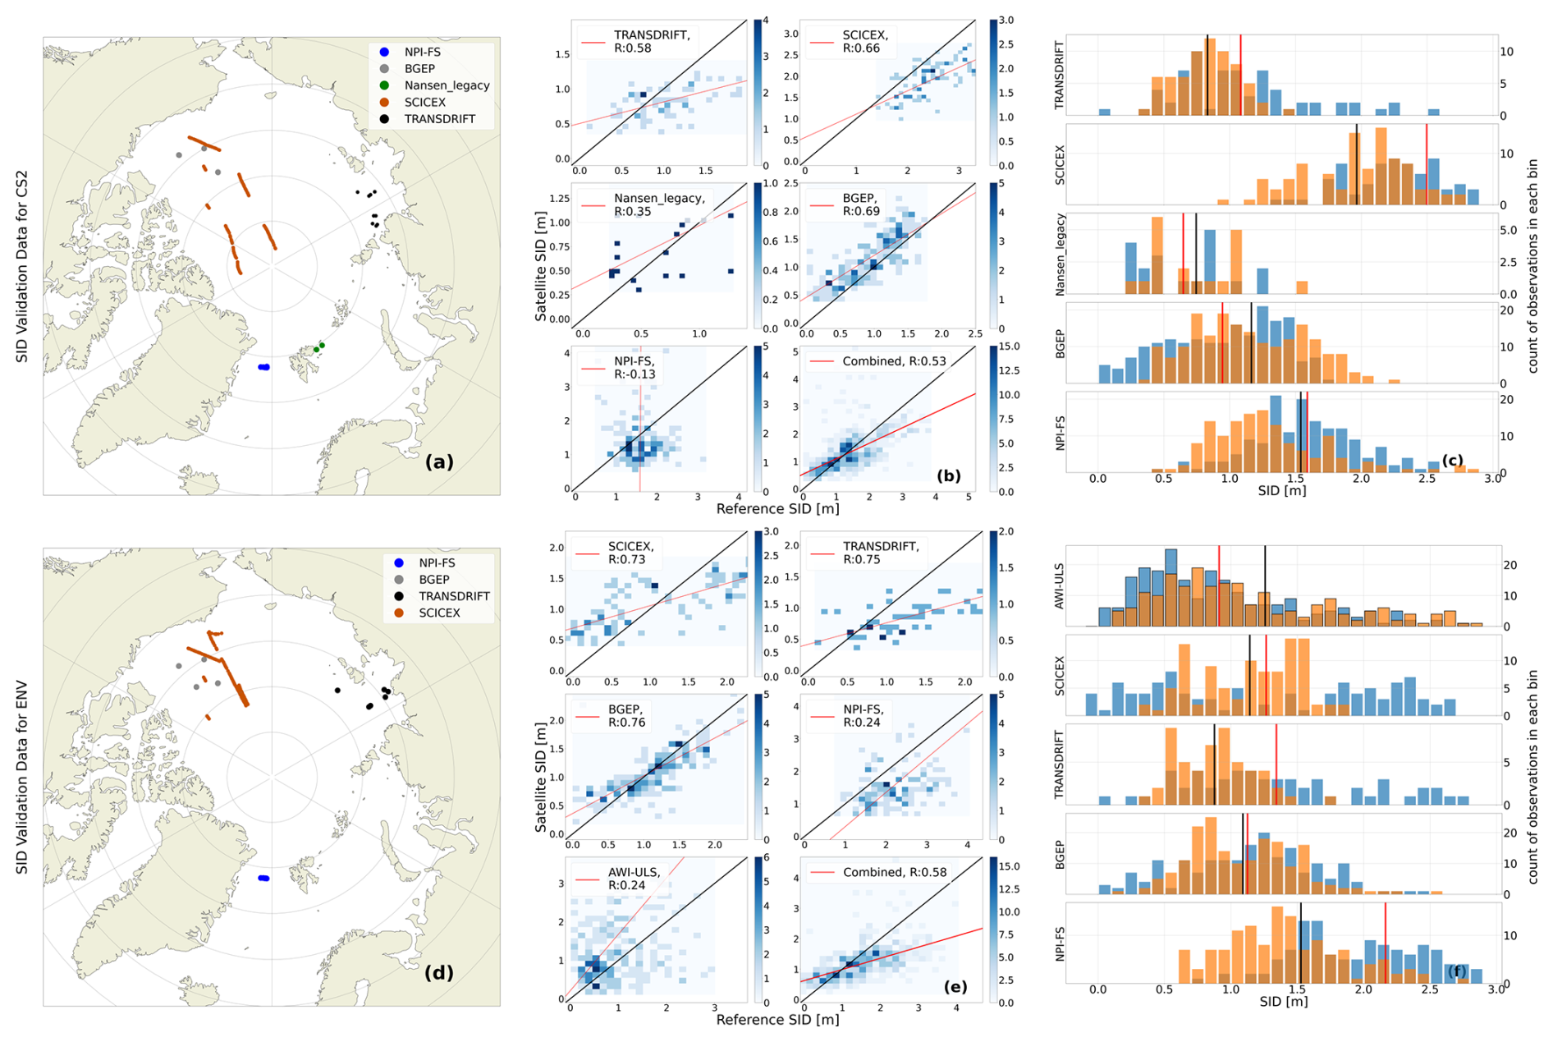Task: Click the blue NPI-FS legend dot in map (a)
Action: pyautogui.click(x=384, y=53)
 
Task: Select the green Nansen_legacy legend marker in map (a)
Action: pyautogui.click(x=384, y=85)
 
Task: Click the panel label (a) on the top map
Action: pyautogui.click(x=439, y=461)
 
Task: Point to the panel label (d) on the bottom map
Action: pyautogui.click(x=439, y=973)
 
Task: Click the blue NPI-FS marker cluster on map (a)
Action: pyautogui.click(x=263, y=367)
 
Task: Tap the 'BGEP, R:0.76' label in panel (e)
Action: pyautogui.click(x=627, y=715)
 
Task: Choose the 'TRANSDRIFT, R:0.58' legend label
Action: pyautogui.click(x=652, y=41)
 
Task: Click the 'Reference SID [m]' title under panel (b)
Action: pyautogui.click(x=777, y=509)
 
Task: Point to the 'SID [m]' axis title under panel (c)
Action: pyautogui.click(x=1282, y=491)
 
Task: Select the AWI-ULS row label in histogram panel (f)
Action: pyautogui.click(x=1059, y=586)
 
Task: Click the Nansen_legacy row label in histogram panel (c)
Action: pyautogui.click(x=1060, y=255)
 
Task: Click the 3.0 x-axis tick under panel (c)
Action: pyautogui.click(x=1492, y=479)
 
